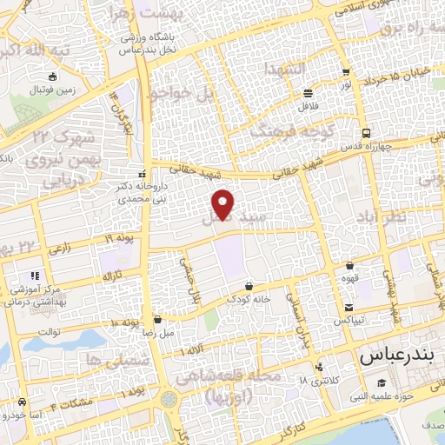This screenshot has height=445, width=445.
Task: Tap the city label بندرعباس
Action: pos(395,357)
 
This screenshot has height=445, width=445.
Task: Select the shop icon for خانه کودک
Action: pos(249,285)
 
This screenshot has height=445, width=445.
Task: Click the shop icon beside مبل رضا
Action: pos(156,319)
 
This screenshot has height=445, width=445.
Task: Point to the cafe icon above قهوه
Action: pos(349,266)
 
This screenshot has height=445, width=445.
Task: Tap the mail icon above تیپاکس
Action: pos(349,308)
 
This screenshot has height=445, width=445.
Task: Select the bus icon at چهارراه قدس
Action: pos(366,133)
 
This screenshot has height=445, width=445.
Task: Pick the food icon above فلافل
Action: pos(307,93)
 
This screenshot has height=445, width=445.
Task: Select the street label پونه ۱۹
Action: pos(122,237)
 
